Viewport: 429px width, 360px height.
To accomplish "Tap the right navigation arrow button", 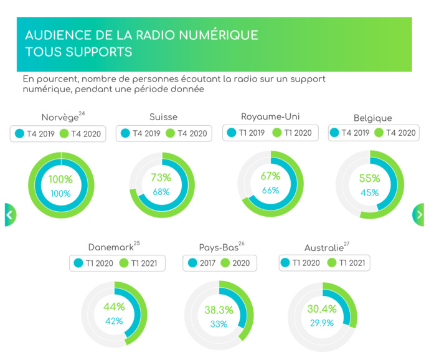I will (x=419, y=215).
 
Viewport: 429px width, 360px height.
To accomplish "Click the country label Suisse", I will (x=163, y=117).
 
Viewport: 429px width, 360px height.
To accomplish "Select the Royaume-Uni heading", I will (x=270, y=116).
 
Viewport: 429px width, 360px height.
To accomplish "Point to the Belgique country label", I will (x=373, y=118).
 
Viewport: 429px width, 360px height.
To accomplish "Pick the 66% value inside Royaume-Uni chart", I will (x=270, y=191).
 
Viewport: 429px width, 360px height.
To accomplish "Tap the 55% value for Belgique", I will (x=369, y=179).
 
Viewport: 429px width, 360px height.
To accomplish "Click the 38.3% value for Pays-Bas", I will (x=219, y=310).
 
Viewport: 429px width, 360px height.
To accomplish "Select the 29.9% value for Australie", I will (x=322, y=323).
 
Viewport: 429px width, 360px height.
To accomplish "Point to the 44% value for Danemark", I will (x=114, y=307).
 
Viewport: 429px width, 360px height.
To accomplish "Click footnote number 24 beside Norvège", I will (x=82, y=113).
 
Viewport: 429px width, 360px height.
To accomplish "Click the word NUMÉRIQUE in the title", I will (x=214, y=36).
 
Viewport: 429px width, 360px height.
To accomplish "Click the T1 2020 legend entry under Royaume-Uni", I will (x=295, y=133).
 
